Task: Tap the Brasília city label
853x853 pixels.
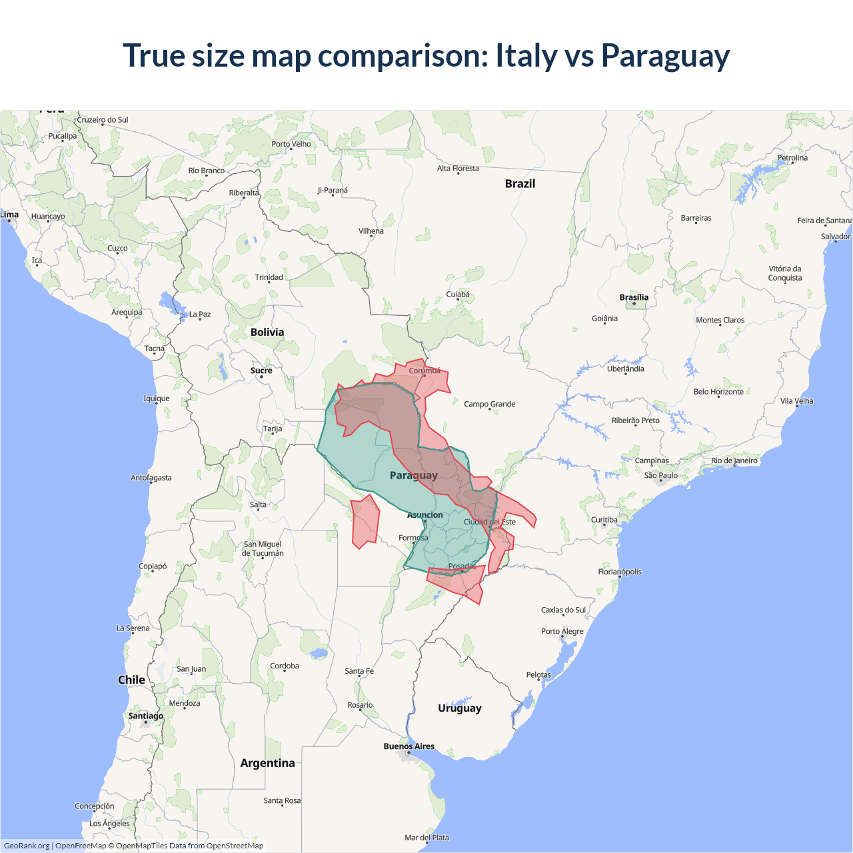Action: [634, 297]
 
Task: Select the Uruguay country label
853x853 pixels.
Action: [459, 708]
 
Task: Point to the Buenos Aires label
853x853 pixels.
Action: [409, 746]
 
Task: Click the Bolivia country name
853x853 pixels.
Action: [267, 332]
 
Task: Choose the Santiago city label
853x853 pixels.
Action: [145, 716]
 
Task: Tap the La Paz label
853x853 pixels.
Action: [200, 314]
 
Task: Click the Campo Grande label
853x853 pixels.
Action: [489, 404]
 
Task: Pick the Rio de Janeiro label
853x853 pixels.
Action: [734, 460]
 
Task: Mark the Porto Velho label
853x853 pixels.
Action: [291, 144]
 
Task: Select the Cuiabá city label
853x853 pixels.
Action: [458, 295]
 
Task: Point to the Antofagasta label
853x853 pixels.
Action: [151, 478]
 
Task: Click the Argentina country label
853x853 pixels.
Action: [267, 763]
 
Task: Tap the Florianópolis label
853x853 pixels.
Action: [620, 572]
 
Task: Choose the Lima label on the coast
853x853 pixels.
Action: [9, 215]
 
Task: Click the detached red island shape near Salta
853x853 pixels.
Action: [365, 522]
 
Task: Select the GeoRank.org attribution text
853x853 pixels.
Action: [27, 846]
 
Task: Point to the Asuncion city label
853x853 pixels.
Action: [425, 515]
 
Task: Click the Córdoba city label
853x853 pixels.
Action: [285, 666]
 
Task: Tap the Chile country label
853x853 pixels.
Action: [131, 680]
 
